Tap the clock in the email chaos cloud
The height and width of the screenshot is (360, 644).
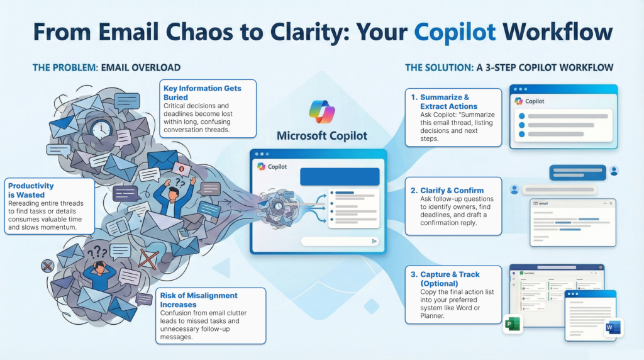(x=101, y=130)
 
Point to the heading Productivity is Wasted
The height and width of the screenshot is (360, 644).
(x=31, y=190)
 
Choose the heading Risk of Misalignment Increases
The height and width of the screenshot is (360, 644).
(x=199, y=300)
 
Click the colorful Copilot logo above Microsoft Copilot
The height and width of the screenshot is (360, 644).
(x=322, y=111)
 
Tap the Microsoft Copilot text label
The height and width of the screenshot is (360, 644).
(x=322, y=135)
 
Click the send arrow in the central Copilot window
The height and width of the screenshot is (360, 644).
(x=374, y=240)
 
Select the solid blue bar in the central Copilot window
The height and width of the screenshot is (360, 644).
(x=340, y=176)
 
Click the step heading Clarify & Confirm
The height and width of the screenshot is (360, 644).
(x=447, y=190)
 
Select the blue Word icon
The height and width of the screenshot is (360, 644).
(x=612, y=327)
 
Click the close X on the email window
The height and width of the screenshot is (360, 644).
(x=608, y=203)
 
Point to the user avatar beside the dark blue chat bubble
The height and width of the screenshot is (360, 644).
(x=614, y=171)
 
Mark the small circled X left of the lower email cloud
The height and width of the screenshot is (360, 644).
(x=47, y=266)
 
